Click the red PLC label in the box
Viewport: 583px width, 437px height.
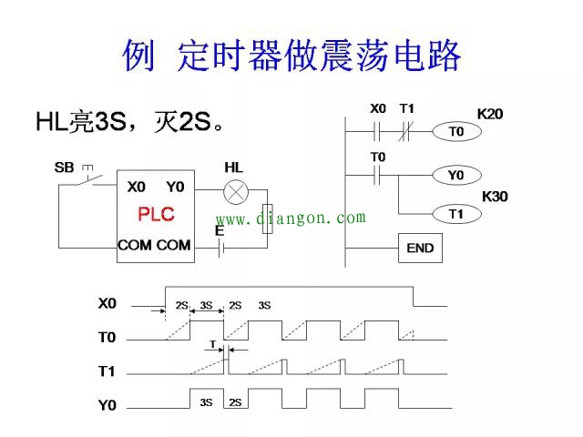(156, 215)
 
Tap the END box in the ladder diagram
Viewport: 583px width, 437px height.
(420, 248)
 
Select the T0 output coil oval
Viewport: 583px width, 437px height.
(456, 132)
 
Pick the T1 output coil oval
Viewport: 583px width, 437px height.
(456, 214)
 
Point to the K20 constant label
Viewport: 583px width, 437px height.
(490, 115)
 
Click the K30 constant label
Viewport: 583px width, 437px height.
(495, 196)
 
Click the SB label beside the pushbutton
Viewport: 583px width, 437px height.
(64, 168)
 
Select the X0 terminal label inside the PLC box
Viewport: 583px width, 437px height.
(136, 187)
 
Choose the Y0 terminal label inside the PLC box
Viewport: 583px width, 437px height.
(175, 187)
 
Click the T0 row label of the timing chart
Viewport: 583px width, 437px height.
(107, 338)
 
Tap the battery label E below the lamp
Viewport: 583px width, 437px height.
(220, 232)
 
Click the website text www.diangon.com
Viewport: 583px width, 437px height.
(291, 218)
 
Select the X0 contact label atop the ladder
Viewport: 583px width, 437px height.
(378, 109)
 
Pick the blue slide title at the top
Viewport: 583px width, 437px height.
(291, 56)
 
